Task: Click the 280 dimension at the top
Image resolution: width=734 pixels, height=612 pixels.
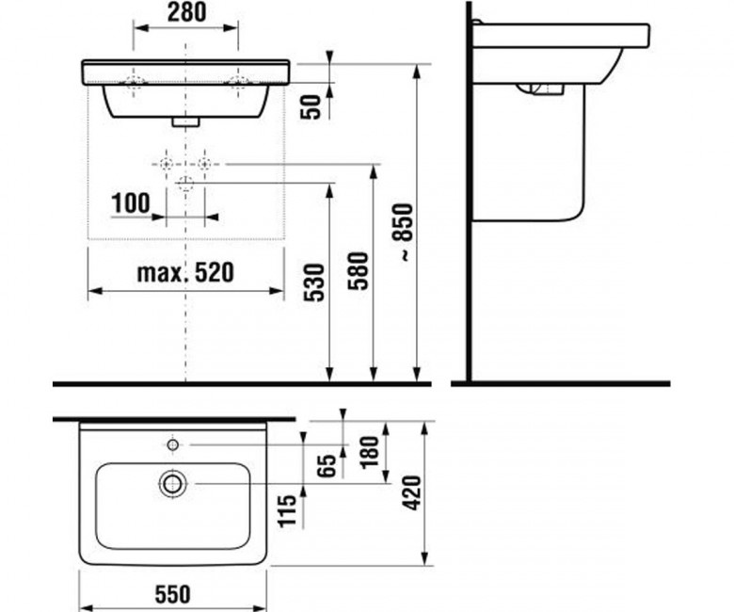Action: coord(186,13)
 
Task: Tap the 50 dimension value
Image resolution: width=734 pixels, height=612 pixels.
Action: coord(311,106)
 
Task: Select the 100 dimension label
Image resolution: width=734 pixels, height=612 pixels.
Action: coord(131,203)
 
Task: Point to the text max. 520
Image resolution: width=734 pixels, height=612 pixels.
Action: coord(185,273)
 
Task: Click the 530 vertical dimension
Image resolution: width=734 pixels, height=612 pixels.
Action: coord(314,282)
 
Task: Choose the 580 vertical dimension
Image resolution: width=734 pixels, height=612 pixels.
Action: coord(359,271)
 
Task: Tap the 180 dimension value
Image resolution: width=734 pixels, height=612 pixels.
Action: coord(370,451)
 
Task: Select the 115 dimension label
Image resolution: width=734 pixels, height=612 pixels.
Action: coord(287,511)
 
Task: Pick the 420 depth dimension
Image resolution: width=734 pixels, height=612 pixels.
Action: coord(411,493)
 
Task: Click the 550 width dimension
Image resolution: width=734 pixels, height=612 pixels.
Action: coord(173,594)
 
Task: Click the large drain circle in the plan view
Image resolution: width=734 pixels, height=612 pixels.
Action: coord(173,484)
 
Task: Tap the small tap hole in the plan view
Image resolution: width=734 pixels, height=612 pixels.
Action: coord(173,444)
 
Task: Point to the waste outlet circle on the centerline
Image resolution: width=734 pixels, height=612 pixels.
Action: coord(185,183)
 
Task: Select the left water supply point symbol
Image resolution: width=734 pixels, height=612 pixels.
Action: coord(167,165)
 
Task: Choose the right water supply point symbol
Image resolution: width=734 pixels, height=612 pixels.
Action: coord(204,165)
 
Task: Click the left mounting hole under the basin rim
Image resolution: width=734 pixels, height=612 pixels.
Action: coord(135,83)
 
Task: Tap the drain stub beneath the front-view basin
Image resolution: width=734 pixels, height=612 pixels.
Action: coord(185,122)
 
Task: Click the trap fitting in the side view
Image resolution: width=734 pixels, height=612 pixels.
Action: coord(541,89)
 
